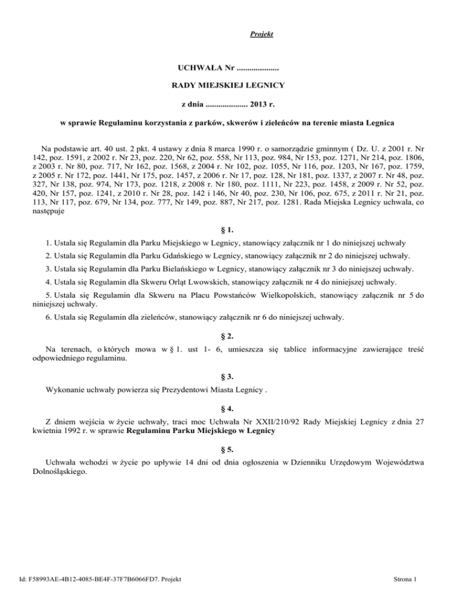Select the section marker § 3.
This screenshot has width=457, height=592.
[x=228, y=379]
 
